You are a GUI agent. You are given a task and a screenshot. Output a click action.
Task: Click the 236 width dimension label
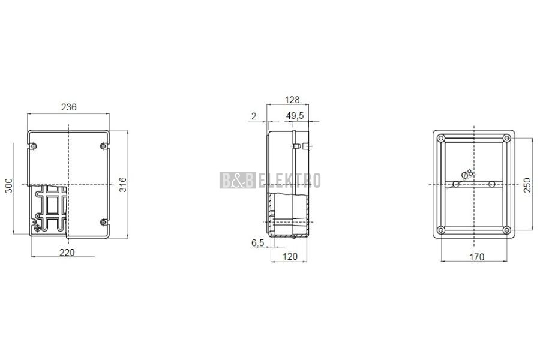pyautogui.click(x=69, y=107)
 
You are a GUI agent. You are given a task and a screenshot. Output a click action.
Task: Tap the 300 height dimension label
pyautogui.click(x=8, y=185)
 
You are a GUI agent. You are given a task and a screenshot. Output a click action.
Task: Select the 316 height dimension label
pyautogui.click(x=122, y=185)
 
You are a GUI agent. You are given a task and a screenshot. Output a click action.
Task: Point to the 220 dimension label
pyautogui.click(x=67, y=253)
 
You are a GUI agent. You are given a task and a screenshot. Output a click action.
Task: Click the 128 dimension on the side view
pyautogui.click(x=292, y=100)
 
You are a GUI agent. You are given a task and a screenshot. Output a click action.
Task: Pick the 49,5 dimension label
pyautogui.click(x=295, y=116)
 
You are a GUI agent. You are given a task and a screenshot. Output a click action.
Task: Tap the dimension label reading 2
pyautogui.click(x=254, y=116)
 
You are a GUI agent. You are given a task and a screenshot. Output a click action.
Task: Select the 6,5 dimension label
pyautogui.click(x=257, y=243)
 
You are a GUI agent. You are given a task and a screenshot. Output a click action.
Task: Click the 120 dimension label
pyautogui.click(x=290, y=257)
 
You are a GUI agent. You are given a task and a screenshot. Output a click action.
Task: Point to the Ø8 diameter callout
pyautogui.click(x=467, y=175)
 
